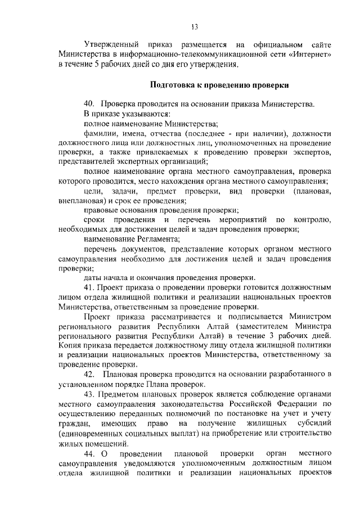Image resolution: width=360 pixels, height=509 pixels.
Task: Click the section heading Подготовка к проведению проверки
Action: click(219, 85)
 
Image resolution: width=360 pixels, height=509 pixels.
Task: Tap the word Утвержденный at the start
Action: click(110, 43)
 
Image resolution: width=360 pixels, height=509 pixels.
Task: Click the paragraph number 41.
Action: click(89, 286)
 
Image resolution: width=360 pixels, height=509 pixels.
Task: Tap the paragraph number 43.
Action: click(89, 394)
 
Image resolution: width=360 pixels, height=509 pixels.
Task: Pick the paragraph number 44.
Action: click(89, 453)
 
